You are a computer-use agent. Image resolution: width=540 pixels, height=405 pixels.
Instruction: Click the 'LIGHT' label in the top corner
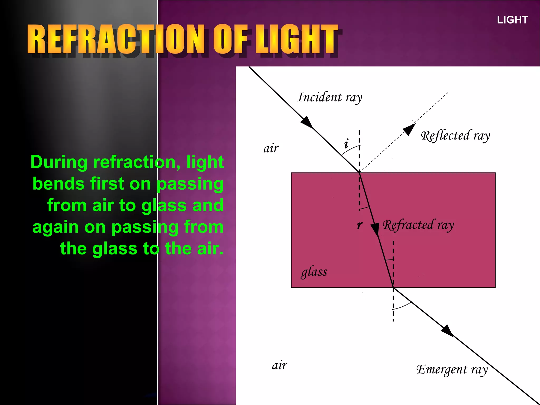click(512, 20)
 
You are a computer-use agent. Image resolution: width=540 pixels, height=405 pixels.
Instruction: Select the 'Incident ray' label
click(330, 97)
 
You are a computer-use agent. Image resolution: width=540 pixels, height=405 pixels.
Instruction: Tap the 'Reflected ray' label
click(455, 136)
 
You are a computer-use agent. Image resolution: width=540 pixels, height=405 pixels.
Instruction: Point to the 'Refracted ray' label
click(418, 225)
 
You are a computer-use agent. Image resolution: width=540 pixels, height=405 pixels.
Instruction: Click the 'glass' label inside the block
click(314, 272)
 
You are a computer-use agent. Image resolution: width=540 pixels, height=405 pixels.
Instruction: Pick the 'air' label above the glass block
click(271, 148)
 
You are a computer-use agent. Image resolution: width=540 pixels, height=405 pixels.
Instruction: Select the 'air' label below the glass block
click(279, 365)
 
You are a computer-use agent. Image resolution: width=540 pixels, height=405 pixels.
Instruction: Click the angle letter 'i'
click(346, 143)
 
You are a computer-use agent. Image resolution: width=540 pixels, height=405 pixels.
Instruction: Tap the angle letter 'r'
click(360, 225)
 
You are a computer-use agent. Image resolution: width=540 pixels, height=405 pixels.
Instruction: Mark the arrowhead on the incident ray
click(307, 122)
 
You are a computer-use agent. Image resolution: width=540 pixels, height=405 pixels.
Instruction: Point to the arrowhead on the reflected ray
click(409, 129)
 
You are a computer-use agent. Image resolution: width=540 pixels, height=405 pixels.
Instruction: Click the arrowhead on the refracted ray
click(375, 229)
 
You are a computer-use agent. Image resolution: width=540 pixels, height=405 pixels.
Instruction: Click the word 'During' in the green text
click(59, 162)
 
